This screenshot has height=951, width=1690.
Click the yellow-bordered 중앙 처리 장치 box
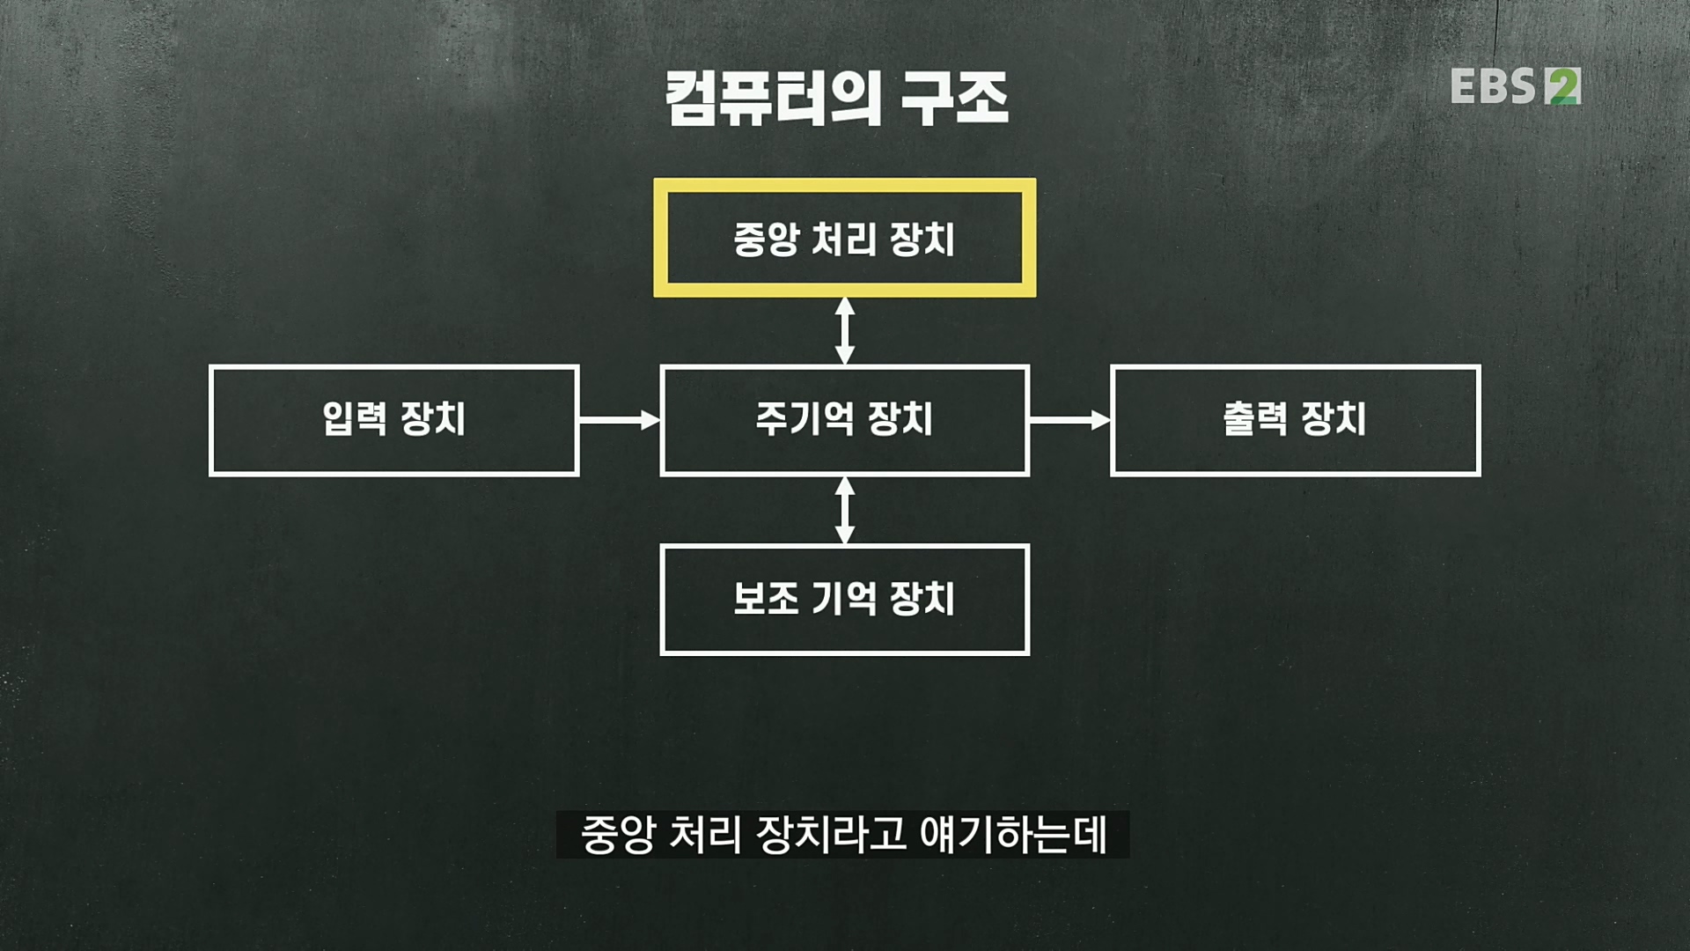[x=844, y=238]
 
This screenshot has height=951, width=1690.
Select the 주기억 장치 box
[x=844, y=420]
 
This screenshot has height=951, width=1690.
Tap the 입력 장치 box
[x=393, y=420]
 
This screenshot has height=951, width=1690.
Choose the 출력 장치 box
[x=1295, y=420]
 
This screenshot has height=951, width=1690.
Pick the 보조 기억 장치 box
[x=844, y=600]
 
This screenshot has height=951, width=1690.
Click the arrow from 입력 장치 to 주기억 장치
[x=619, y=420]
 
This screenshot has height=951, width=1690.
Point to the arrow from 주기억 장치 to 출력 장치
[x=1069, y=420]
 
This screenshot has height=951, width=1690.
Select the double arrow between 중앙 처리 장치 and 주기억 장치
[x=844, y=330]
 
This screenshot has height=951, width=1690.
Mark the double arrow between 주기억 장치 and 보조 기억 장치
[x=844, y=510]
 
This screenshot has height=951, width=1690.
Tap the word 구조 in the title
[x=954, y=99]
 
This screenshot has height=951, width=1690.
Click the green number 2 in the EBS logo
[x=1562, y=86]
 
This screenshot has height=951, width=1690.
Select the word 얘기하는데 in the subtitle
[x=1013, y=835]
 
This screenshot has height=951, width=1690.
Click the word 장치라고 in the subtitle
[x=831, y=835]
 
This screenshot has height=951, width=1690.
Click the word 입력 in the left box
[x=354, y=420]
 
